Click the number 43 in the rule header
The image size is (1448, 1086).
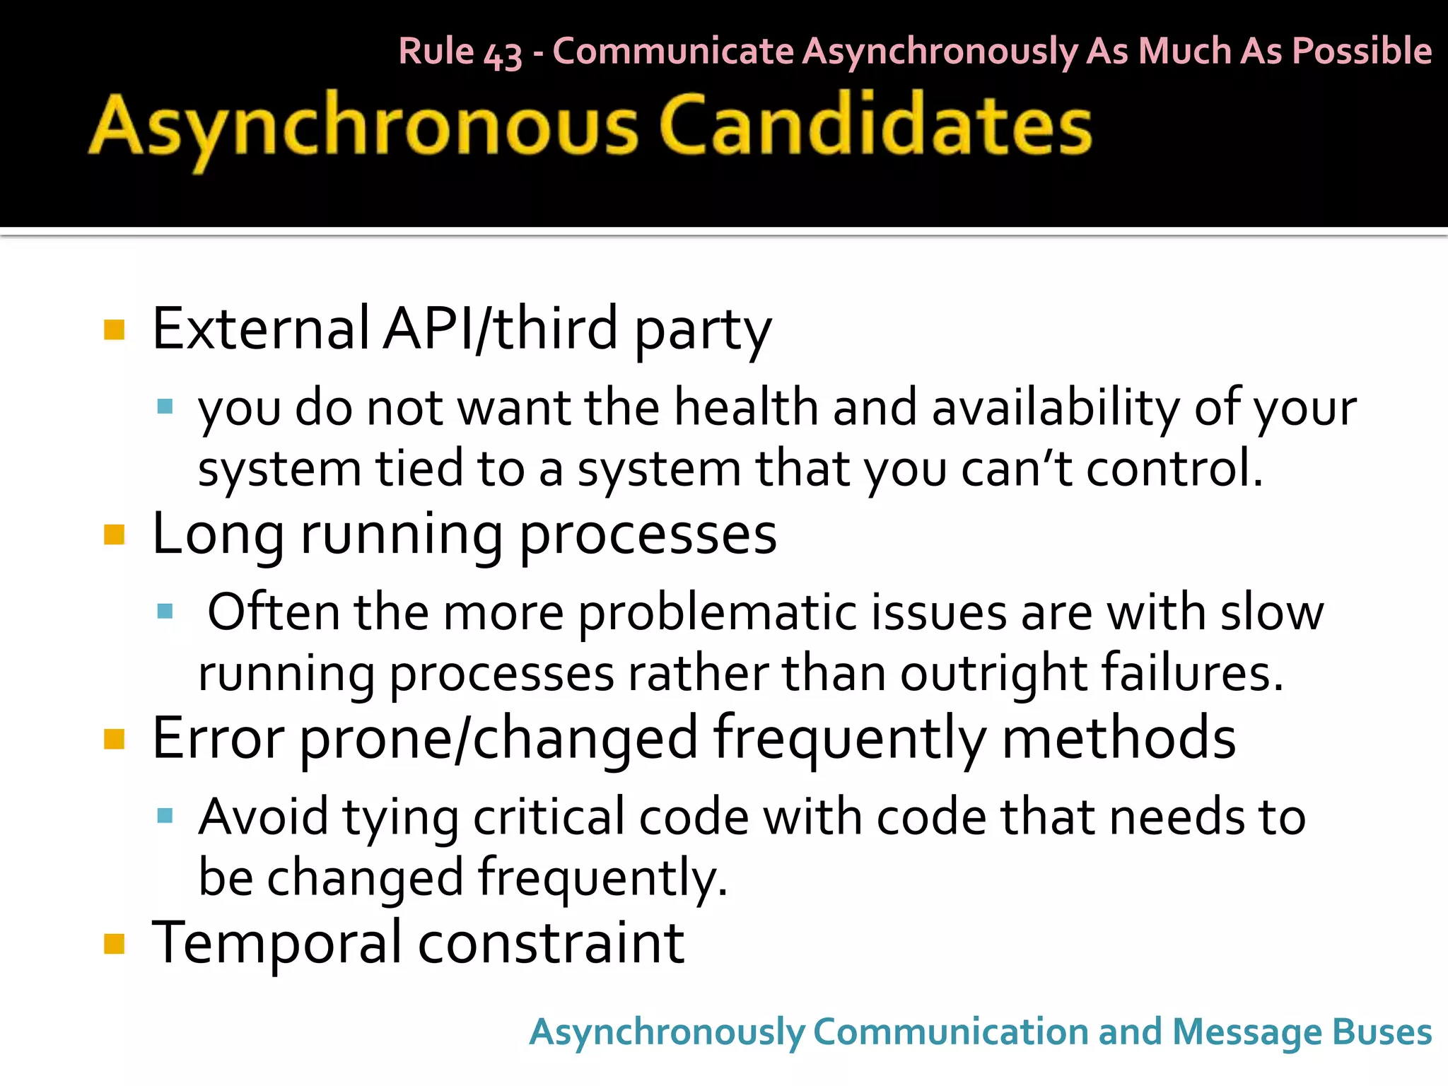pyautogui.click(x=503, y=54)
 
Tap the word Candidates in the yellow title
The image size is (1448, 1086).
pyautogui.click(x=875, y=125)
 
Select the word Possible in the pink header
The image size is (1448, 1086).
pyautogui.click(x=1362, y=52)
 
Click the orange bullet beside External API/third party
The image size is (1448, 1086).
pyautogui.click(x=114, y=330)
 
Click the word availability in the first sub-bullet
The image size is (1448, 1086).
pyautogui.click(x=1056, y=408)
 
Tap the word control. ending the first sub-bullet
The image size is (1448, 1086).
pyautogui.click(x=1174, y=469)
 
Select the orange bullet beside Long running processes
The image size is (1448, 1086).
pyautogui.click(x=114, y=535)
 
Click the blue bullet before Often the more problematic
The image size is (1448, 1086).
pyautogui.click(x=165, y=611)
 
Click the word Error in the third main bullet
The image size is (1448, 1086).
pyautogui.click(x=218, y=738)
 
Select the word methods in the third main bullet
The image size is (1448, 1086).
pyautogui.click(x=1119, y=738)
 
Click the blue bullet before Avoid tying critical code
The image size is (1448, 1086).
pyautogui.click(x=165, y=816)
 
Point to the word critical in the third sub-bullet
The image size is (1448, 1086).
pyautogui.click(x=549, y=817)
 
